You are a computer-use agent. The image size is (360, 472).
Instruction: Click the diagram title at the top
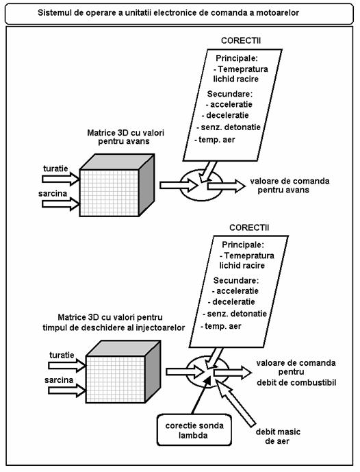pos(168,13)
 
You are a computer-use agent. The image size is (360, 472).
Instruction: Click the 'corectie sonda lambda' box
pos(194,430)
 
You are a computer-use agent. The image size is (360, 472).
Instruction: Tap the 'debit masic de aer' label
pos(278,436)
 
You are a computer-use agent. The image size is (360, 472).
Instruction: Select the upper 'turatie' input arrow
pos(60,179)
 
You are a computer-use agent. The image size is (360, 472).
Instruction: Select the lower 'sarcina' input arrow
pos(67,390)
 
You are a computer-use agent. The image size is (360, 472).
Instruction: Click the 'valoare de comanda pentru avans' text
pos(290,186)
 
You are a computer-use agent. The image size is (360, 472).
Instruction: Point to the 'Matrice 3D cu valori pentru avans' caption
pos(125,137)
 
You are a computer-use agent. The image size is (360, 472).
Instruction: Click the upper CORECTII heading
pos(241,40)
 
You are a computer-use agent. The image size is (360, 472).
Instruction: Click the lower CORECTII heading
pos(249,227)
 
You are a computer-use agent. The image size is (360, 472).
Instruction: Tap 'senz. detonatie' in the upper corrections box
pos(229,127)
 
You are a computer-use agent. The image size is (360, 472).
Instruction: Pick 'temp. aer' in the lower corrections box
pos(221,326)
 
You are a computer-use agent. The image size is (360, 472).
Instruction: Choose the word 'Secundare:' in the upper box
pos(230,94)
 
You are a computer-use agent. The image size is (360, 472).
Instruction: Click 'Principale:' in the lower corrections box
pos(243,245)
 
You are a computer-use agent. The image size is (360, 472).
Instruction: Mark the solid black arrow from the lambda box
pos(201,395)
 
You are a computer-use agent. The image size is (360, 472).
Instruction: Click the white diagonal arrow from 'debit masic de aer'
pos(236,403)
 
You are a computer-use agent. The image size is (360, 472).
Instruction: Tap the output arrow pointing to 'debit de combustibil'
pos(233,373)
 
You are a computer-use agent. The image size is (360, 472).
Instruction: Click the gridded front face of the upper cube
pos(110,193)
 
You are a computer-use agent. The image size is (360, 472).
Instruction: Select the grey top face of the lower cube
pos(123,348)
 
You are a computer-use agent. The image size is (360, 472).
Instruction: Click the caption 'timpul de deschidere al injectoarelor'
pos(114,327)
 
